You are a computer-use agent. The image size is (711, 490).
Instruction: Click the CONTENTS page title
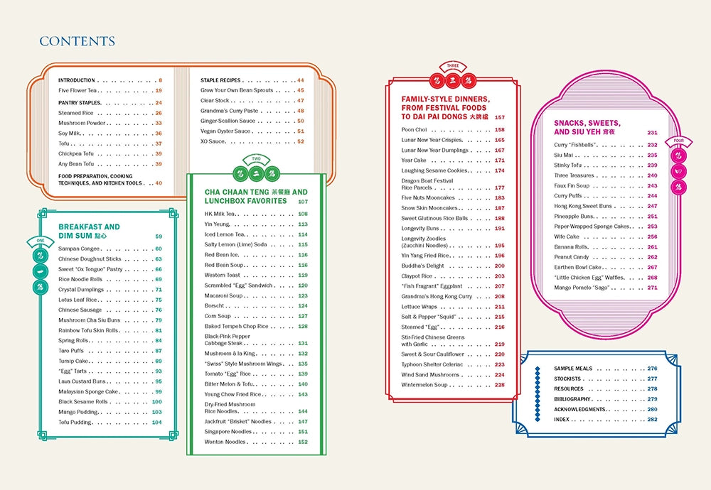pos(77,41)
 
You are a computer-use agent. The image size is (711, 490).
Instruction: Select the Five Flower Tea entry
pos(77,91)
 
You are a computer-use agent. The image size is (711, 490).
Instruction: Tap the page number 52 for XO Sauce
pos(301,141)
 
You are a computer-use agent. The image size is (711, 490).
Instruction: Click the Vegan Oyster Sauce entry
pos(225,131)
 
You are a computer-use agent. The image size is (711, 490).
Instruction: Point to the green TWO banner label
pos(256,159)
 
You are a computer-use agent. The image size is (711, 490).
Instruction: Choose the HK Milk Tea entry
pos(220,214)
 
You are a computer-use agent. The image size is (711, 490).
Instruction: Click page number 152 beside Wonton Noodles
pos(303,442)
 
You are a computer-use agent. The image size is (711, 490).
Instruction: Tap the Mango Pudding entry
pos(78,412)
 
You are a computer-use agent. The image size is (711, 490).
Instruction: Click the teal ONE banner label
pos(41,241)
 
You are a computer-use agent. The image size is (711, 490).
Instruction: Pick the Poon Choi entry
pos(414,129)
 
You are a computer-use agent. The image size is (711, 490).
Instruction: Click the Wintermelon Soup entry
pos(424,385)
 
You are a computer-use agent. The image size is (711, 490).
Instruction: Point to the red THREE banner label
pos(453,65)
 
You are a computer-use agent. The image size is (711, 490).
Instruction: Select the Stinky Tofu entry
pos(567,165)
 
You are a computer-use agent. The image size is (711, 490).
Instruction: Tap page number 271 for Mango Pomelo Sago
pos(652,288)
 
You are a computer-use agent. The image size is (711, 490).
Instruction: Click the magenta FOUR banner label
pos(678,141)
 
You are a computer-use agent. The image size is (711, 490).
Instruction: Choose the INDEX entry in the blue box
pos(562,420)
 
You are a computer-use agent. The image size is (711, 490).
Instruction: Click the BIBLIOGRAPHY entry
pos(572,399)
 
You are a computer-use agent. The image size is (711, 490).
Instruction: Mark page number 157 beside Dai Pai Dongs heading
pos(499,117)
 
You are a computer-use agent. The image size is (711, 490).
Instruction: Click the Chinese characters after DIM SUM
pos(101,236)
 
